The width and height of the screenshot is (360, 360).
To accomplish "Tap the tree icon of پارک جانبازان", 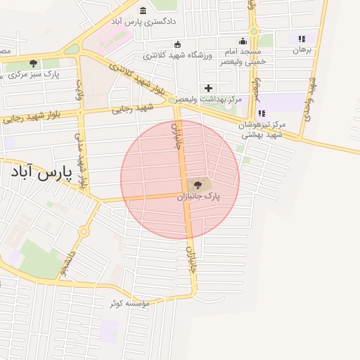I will coord(198,185).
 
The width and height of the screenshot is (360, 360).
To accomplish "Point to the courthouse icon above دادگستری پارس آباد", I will coord(143,11).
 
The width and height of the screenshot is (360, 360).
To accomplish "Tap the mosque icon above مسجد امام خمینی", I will coord(243,41).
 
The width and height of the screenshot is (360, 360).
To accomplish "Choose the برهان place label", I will coord(302,50).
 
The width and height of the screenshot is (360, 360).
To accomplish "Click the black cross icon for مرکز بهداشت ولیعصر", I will coord(207,88).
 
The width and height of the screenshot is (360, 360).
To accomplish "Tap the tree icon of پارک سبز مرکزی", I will coord(33,63).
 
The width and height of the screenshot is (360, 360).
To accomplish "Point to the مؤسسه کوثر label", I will coord(130,304).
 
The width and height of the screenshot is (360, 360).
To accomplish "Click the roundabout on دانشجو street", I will coord(84,231).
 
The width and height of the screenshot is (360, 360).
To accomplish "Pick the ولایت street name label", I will coord(79,89).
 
